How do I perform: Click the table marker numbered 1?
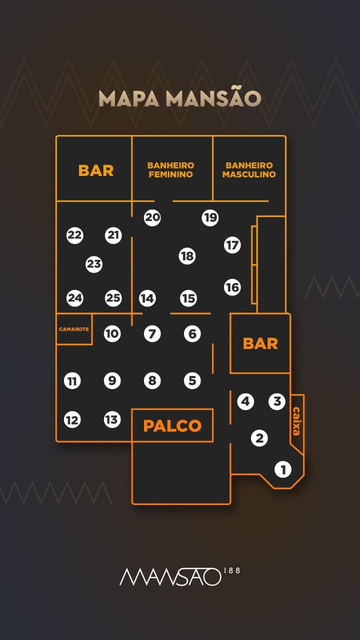point(283,469)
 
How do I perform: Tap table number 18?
point(187,256)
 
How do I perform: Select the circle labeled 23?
point(94,264)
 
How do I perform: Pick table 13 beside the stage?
point(112,419)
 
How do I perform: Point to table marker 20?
point(152,217)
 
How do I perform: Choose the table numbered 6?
point(192,333)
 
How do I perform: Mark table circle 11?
point(72,380)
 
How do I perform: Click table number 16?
point(232,287)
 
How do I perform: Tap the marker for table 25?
point(113,298)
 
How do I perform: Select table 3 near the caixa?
point(277,401)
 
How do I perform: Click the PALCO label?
point(172,425)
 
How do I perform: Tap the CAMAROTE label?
point(74,329)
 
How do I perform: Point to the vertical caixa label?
point(296,421)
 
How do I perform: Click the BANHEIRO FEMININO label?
point(171,169)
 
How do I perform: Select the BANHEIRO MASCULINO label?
point(249,169)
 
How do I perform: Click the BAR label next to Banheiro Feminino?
point(96,170)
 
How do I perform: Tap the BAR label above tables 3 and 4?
point(260,343)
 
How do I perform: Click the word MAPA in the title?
point(129,99)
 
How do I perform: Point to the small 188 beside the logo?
point(232,570)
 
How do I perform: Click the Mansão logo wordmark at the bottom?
point(170,577)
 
